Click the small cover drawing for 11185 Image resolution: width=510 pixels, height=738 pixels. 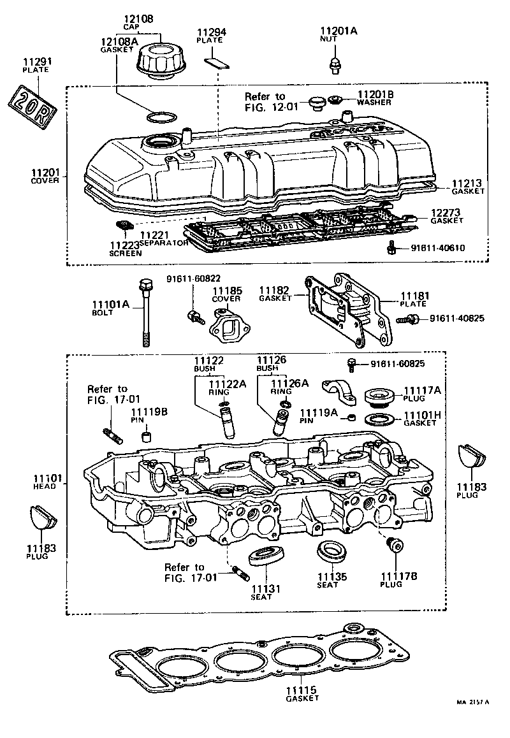click(227, 324)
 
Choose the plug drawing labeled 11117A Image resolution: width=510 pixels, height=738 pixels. click(381, 396)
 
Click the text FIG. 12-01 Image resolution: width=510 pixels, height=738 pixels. click(271, 106)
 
